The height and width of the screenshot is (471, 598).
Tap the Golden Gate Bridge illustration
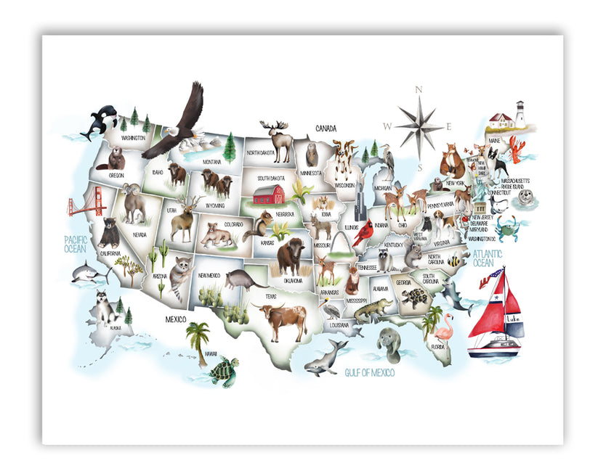coord(84,207)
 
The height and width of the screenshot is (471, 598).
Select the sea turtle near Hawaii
coord(223,372)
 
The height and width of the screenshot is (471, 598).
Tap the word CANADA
coord(325,128)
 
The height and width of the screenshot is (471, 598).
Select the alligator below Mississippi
coord(373,310)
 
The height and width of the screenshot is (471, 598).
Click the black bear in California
coord(110,232)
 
